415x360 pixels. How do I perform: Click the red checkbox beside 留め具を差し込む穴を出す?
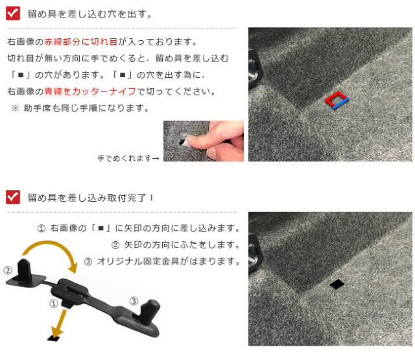click(13, 13)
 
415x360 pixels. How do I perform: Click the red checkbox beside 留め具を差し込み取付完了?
click(13, 197)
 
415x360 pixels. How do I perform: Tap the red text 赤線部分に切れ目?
click(80, 42)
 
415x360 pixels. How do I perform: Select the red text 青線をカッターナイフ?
click(90, 91)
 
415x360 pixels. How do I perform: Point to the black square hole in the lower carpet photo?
click(337, 284)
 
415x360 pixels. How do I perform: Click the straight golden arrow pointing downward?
click(60, 324)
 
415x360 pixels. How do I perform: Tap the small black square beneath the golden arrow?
click(54, 339)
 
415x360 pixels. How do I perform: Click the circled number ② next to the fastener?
click(8, 270)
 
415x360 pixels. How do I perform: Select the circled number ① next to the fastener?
click(54, 304)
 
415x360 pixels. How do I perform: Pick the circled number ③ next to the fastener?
click(134, 301)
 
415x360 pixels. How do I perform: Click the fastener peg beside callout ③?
click(149, 312)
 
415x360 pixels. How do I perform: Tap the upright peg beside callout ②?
click(25, 269)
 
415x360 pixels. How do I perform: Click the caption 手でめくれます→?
click(128, 158)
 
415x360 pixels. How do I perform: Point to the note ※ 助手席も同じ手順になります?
click(80, 108)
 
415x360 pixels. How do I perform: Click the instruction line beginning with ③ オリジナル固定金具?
click(161, 261)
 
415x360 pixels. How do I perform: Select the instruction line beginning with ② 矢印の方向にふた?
click(175, 245)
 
